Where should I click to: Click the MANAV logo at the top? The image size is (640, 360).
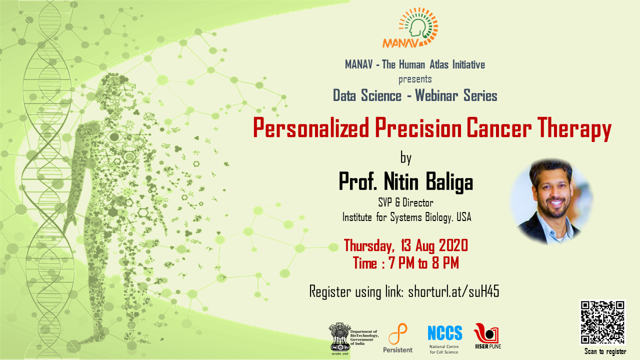(410, 27)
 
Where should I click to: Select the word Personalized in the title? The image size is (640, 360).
(311, 128)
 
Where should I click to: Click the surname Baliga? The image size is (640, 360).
(449, 181)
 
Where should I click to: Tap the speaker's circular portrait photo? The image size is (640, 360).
(551, 201)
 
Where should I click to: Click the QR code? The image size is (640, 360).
(602, 322)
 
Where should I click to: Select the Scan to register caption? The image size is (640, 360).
(605, 351)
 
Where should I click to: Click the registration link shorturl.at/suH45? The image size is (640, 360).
(453, 291)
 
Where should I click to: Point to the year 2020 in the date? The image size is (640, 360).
(453, 245)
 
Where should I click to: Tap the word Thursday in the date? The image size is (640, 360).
(369, 246)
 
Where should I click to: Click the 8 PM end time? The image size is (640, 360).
(445, 263)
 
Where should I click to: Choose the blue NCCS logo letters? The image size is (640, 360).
(445, 333)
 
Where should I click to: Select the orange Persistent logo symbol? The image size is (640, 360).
(397, 333)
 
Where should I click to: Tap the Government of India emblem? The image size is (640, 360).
(339, 338)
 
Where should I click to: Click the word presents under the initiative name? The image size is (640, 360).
(415, 79)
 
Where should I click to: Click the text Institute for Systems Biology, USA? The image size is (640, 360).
(406, 217)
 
